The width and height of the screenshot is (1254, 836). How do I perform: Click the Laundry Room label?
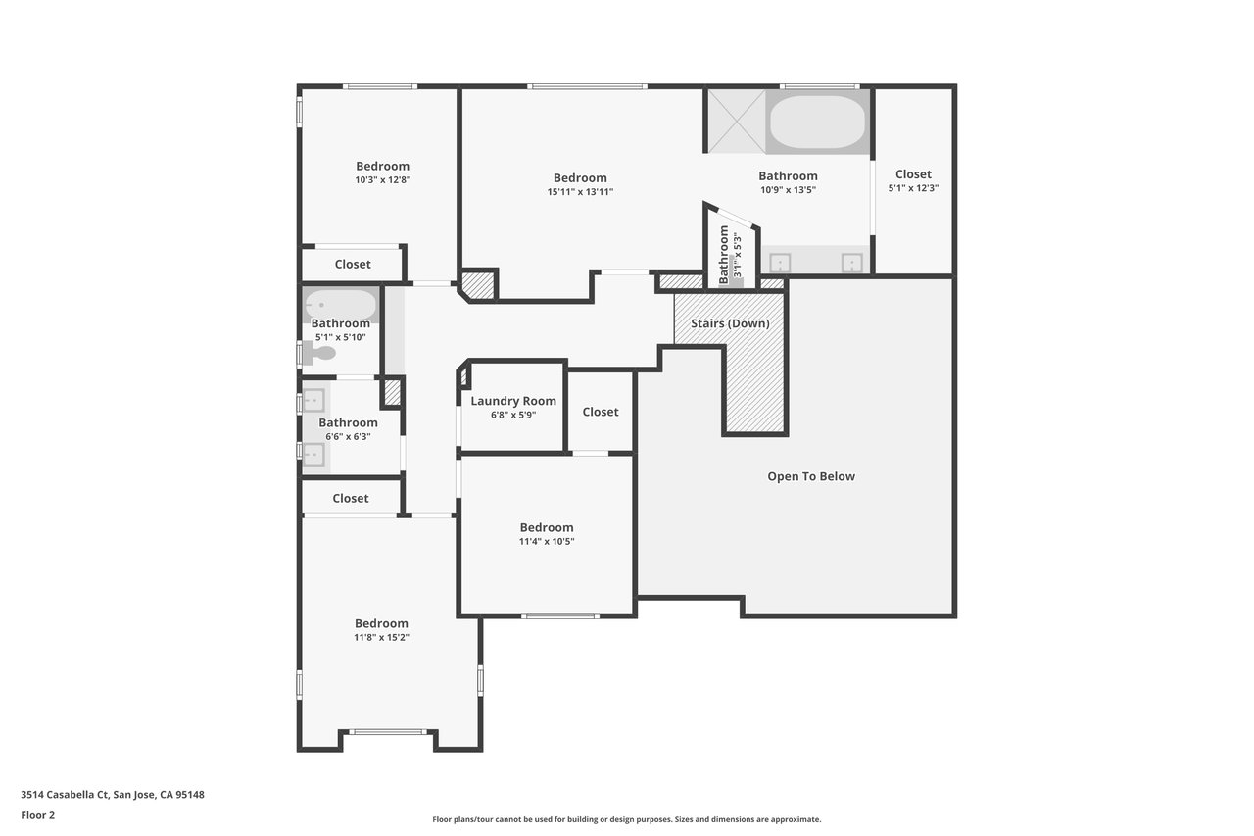(512, 401)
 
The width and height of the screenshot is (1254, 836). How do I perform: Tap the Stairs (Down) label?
(730, 323)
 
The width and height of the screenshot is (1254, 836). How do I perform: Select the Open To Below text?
(811, 476)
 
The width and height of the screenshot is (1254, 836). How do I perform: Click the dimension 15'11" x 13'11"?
(580, 192)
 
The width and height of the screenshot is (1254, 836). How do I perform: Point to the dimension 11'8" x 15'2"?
(381, 637)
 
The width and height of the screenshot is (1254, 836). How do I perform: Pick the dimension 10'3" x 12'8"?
(383, 180)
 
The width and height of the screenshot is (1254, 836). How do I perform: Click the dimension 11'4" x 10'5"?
(547, 541)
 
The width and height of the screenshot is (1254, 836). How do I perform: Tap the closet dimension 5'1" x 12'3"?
(913, 188)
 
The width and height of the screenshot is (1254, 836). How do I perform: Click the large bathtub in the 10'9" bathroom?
(817, 122)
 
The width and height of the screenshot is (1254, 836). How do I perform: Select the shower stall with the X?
(736, 121)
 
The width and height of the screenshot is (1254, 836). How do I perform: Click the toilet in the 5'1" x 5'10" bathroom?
(319, 353)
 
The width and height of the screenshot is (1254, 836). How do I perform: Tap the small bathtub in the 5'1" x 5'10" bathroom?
(340, 306)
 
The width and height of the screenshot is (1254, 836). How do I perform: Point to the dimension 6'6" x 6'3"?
(348, 437)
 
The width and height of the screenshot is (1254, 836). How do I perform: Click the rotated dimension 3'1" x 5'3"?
(738, 255)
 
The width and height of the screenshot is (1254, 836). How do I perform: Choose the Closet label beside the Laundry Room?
(601, 413)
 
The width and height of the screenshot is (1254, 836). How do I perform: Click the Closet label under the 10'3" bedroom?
(353, 265)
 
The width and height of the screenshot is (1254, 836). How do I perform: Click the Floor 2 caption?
(38, 815)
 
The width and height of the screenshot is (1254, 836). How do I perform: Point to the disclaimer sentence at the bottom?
(626, 819)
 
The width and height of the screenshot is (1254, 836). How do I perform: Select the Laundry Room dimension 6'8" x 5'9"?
(513, 415)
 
